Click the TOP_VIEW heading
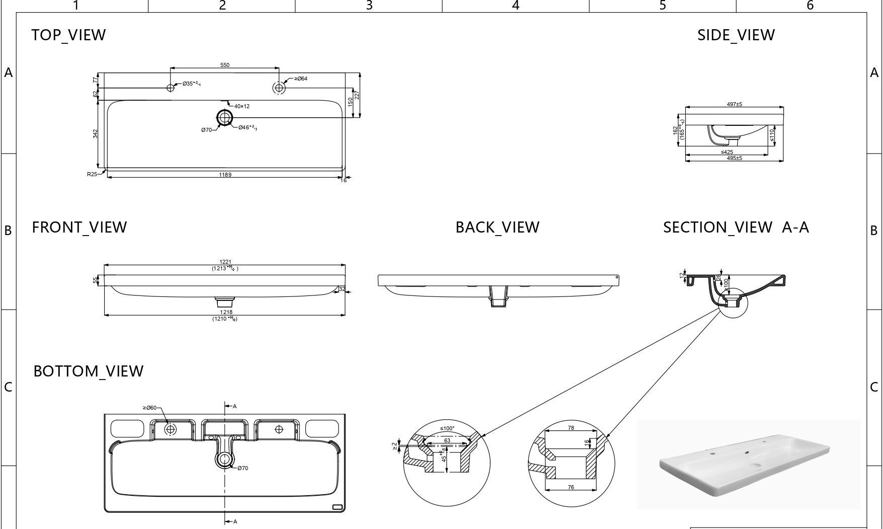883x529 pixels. pyautogui.click(x=68, y=35)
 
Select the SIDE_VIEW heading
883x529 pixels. pyautogui.click(x=736, y=35)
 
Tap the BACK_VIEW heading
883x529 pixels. pyautogui.click(x=497, y=228)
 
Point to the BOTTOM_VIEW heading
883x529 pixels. pyautogui.click(x=88, y=371)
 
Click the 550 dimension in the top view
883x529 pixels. pyautogui.click(x=225, y=65)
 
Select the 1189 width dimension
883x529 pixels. pyautogui.click(x=225, y=175)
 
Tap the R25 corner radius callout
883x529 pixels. pyautogui.click(x=92, y=174)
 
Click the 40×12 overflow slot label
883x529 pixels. pyautogui.click(x=242, y=106)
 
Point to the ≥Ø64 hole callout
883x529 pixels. pyautogui.click(x=301, y=79)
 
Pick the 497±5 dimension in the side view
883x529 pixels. pyautogui.click(x=734, y=104)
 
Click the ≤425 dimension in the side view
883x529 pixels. pyautogui.click(x=727, y=152)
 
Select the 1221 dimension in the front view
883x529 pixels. pyautogui.click(x=225, y=262)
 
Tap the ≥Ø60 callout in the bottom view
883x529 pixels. pyautogui.click(x=149, y=408)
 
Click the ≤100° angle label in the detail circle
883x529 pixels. pyautogui.click(x=447, y=429)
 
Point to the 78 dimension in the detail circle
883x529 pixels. pyautogui.click(x=571, y=428)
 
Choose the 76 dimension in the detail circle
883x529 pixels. pyautogui.click(x=571, y=487)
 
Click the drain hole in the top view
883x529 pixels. pyautogui.click(x=224, y=118)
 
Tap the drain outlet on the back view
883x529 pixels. pyautogui.click(x=498, y=296)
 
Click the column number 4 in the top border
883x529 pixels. pyautogui.click(x=515, y=6)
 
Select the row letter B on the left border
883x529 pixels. pyautogui.click(x=8, y=231)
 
